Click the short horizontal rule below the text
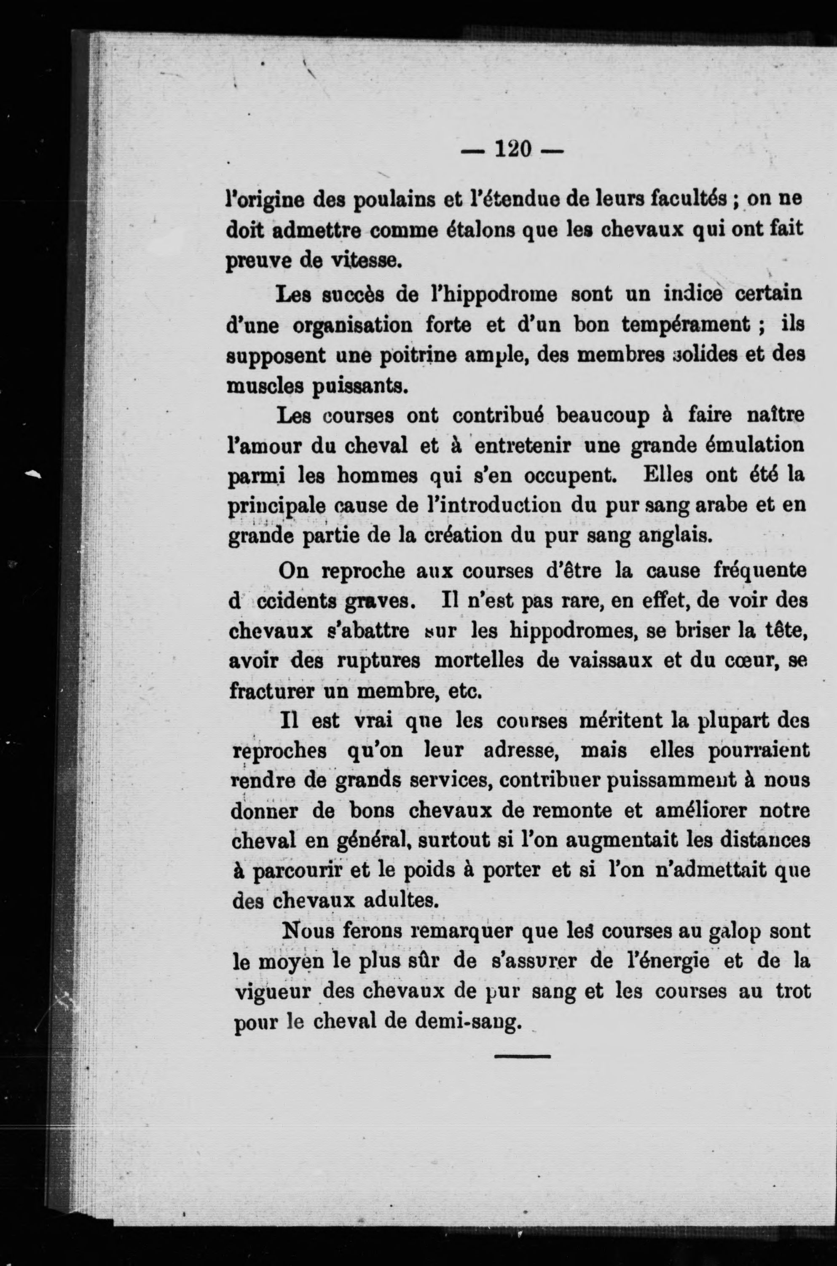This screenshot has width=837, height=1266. [x=522, y=1056]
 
